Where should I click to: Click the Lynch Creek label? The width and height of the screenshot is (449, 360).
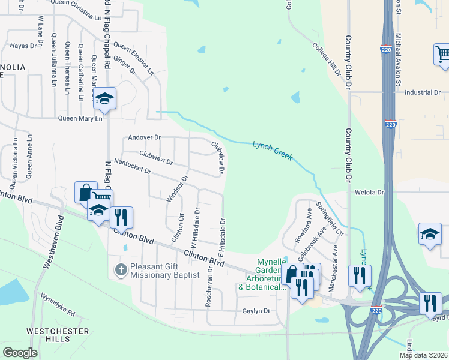272,149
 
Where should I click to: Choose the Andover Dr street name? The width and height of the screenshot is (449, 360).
145,137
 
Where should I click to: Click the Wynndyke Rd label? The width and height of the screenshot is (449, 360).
58,304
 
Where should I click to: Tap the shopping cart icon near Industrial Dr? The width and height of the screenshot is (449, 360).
442,54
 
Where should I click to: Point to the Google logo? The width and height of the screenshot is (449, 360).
20,353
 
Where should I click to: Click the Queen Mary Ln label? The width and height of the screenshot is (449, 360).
80,118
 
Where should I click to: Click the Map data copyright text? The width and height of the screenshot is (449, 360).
423,355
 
